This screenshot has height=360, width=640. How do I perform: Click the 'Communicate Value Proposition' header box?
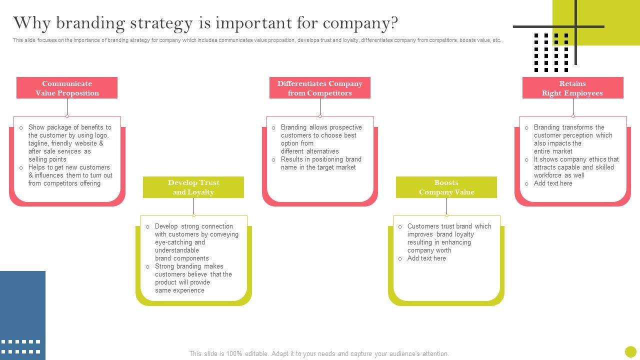[x=67, y=88]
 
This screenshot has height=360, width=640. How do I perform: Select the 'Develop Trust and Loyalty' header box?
[x=193, y=187]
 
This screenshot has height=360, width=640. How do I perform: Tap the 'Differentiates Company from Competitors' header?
[x=320, y=88]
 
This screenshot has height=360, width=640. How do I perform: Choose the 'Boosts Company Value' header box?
[x=446, y=187]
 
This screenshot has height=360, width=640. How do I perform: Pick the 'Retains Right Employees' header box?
[x=572, y=88]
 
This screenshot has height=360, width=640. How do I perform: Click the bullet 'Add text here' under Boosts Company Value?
[x=426, y=258]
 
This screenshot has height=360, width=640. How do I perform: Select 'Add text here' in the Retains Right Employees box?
[x=553, y=183]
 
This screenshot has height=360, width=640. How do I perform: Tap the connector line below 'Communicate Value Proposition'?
[x=67, y=107]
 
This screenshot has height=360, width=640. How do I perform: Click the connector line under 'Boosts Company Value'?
[x=446, y=206]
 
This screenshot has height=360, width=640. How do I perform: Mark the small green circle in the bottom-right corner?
[x=630, y=351]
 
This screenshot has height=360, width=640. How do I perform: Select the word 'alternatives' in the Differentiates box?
[x=322, y=151]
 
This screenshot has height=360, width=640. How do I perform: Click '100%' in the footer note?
[x=234, y=353]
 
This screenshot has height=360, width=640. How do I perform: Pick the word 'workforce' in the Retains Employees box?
[x=548, y=175]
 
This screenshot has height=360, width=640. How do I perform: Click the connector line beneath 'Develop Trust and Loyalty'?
[x=193, y=206]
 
